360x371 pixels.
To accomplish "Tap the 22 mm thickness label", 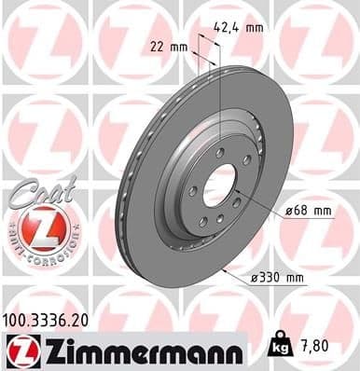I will pyautogui.click(x=168, y=46).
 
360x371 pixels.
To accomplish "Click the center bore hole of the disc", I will pyautogui.click(x=219, y=184).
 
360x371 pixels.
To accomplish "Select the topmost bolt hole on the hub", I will pyautogui.click(x=219, y=153).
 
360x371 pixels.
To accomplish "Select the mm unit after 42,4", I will pyautogui.click(x=254, y=27).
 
